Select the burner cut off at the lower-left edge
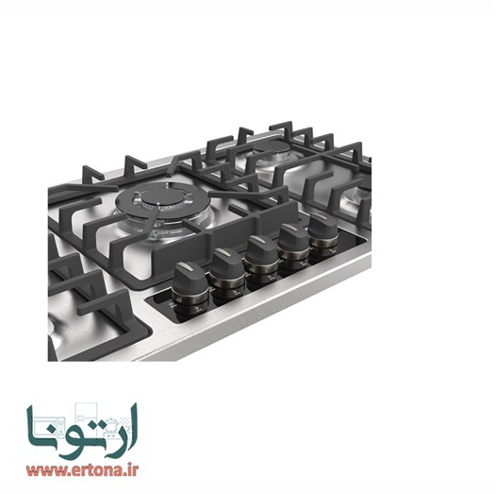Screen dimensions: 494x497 coord(55,331)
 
